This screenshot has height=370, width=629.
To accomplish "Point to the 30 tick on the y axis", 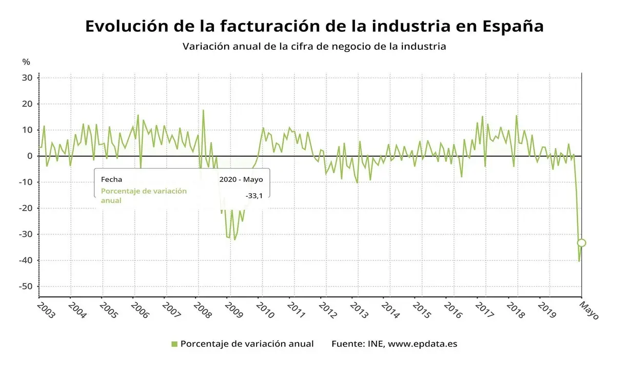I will (x=28, y=78).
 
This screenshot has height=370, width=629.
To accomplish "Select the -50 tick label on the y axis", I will (x=26, y=286).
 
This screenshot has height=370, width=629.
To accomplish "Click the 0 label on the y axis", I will (x=30, y=156).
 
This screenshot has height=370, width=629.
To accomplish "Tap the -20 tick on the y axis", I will (x=26, y=208).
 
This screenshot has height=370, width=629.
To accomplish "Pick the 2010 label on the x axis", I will (x=267, y=310).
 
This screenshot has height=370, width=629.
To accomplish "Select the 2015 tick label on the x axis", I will (x=424, y=310).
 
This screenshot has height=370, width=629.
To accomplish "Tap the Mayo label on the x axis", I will (x=588, y=310).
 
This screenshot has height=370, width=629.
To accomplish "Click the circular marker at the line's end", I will (x=581, y=243).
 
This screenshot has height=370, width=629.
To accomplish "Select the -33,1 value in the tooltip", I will (x=254, y=195).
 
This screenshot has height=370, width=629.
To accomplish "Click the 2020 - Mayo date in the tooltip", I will (x=241, y=180).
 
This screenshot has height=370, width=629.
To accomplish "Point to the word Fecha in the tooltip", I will (x=111, y=180).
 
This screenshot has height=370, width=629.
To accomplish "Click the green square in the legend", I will (x=174, y=344).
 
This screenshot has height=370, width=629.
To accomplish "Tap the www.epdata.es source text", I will (x=422, y=344).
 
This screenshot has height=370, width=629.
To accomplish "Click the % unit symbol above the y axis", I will (x=26, y=62).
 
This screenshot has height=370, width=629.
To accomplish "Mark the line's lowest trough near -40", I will (x=579, y=261).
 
